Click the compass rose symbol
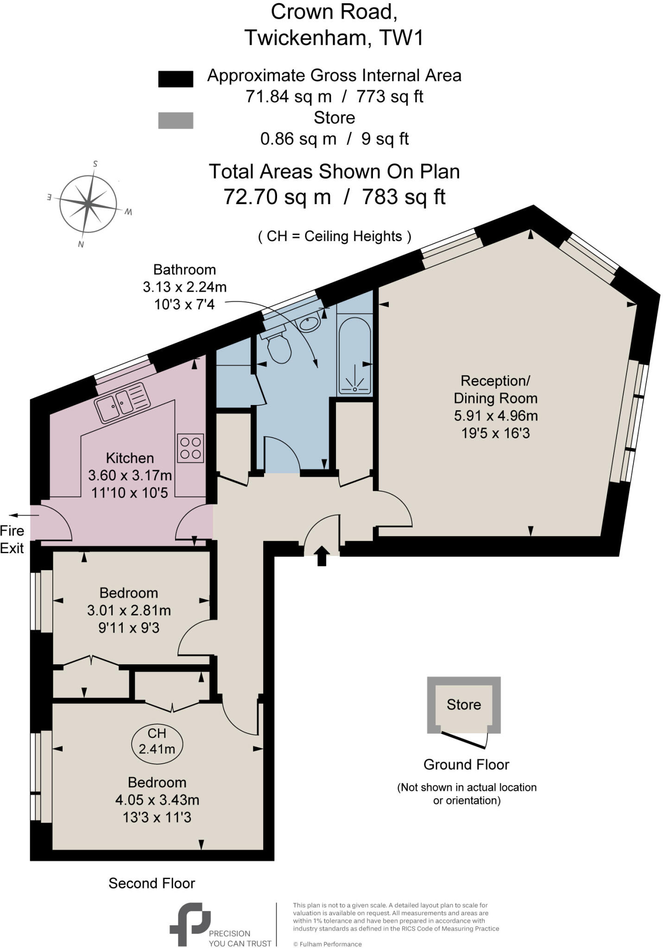(88, 203)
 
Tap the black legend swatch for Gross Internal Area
(176, 79)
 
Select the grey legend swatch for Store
(176, 120)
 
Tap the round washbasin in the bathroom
(309, 322)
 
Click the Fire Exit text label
(12, 539)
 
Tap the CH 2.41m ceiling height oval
(157, 741)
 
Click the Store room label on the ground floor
(463, 705)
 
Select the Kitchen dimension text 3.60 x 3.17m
(130, 475)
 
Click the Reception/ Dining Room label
(495, 389)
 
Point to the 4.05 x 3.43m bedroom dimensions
(157, 800)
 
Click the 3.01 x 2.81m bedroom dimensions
(129, 611)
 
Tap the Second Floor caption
(152, 883)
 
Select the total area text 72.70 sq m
(277, 197)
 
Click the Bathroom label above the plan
(184, 269)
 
